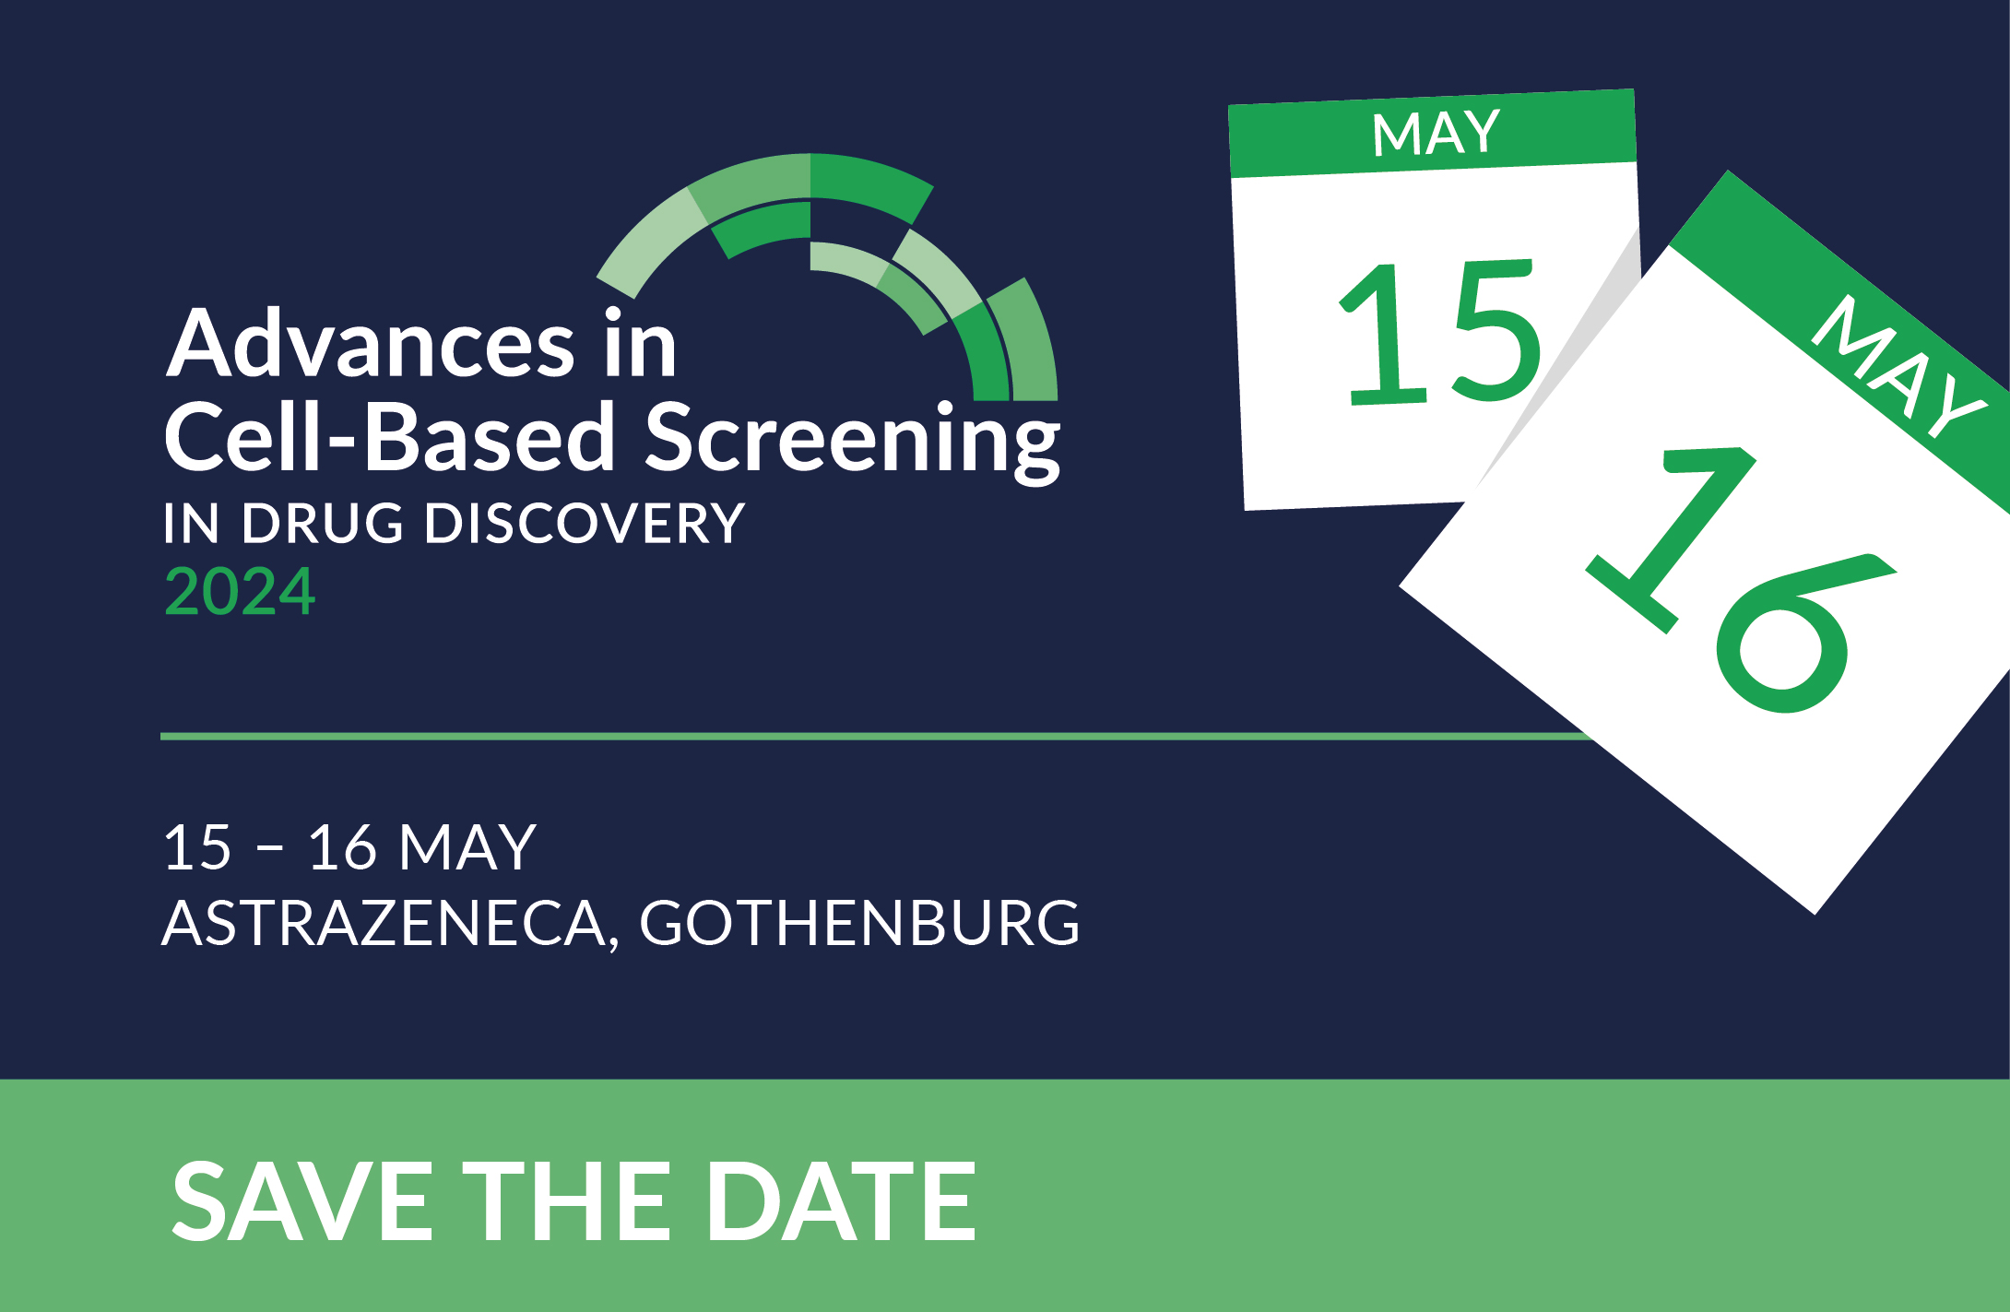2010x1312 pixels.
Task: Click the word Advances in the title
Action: (371, 344)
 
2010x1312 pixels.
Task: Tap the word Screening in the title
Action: (853, 441)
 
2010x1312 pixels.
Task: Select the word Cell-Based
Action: (390, 437)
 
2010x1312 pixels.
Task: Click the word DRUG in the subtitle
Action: (323, 524)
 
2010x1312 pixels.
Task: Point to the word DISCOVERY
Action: (585, 524)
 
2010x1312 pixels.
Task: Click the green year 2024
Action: (240, 591)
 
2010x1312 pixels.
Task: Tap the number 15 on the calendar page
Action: (1440, 332)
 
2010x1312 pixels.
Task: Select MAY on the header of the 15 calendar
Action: (1436, 133)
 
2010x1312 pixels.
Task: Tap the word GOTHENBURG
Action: (859, 923)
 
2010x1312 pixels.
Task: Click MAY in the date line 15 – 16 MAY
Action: (467, 847)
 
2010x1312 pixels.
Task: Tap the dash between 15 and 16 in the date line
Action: (269, 850)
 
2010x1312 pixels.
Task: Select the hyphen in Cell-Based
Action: (341, 443)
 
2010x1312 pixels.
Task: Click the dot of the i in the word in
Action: (613, 315)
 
